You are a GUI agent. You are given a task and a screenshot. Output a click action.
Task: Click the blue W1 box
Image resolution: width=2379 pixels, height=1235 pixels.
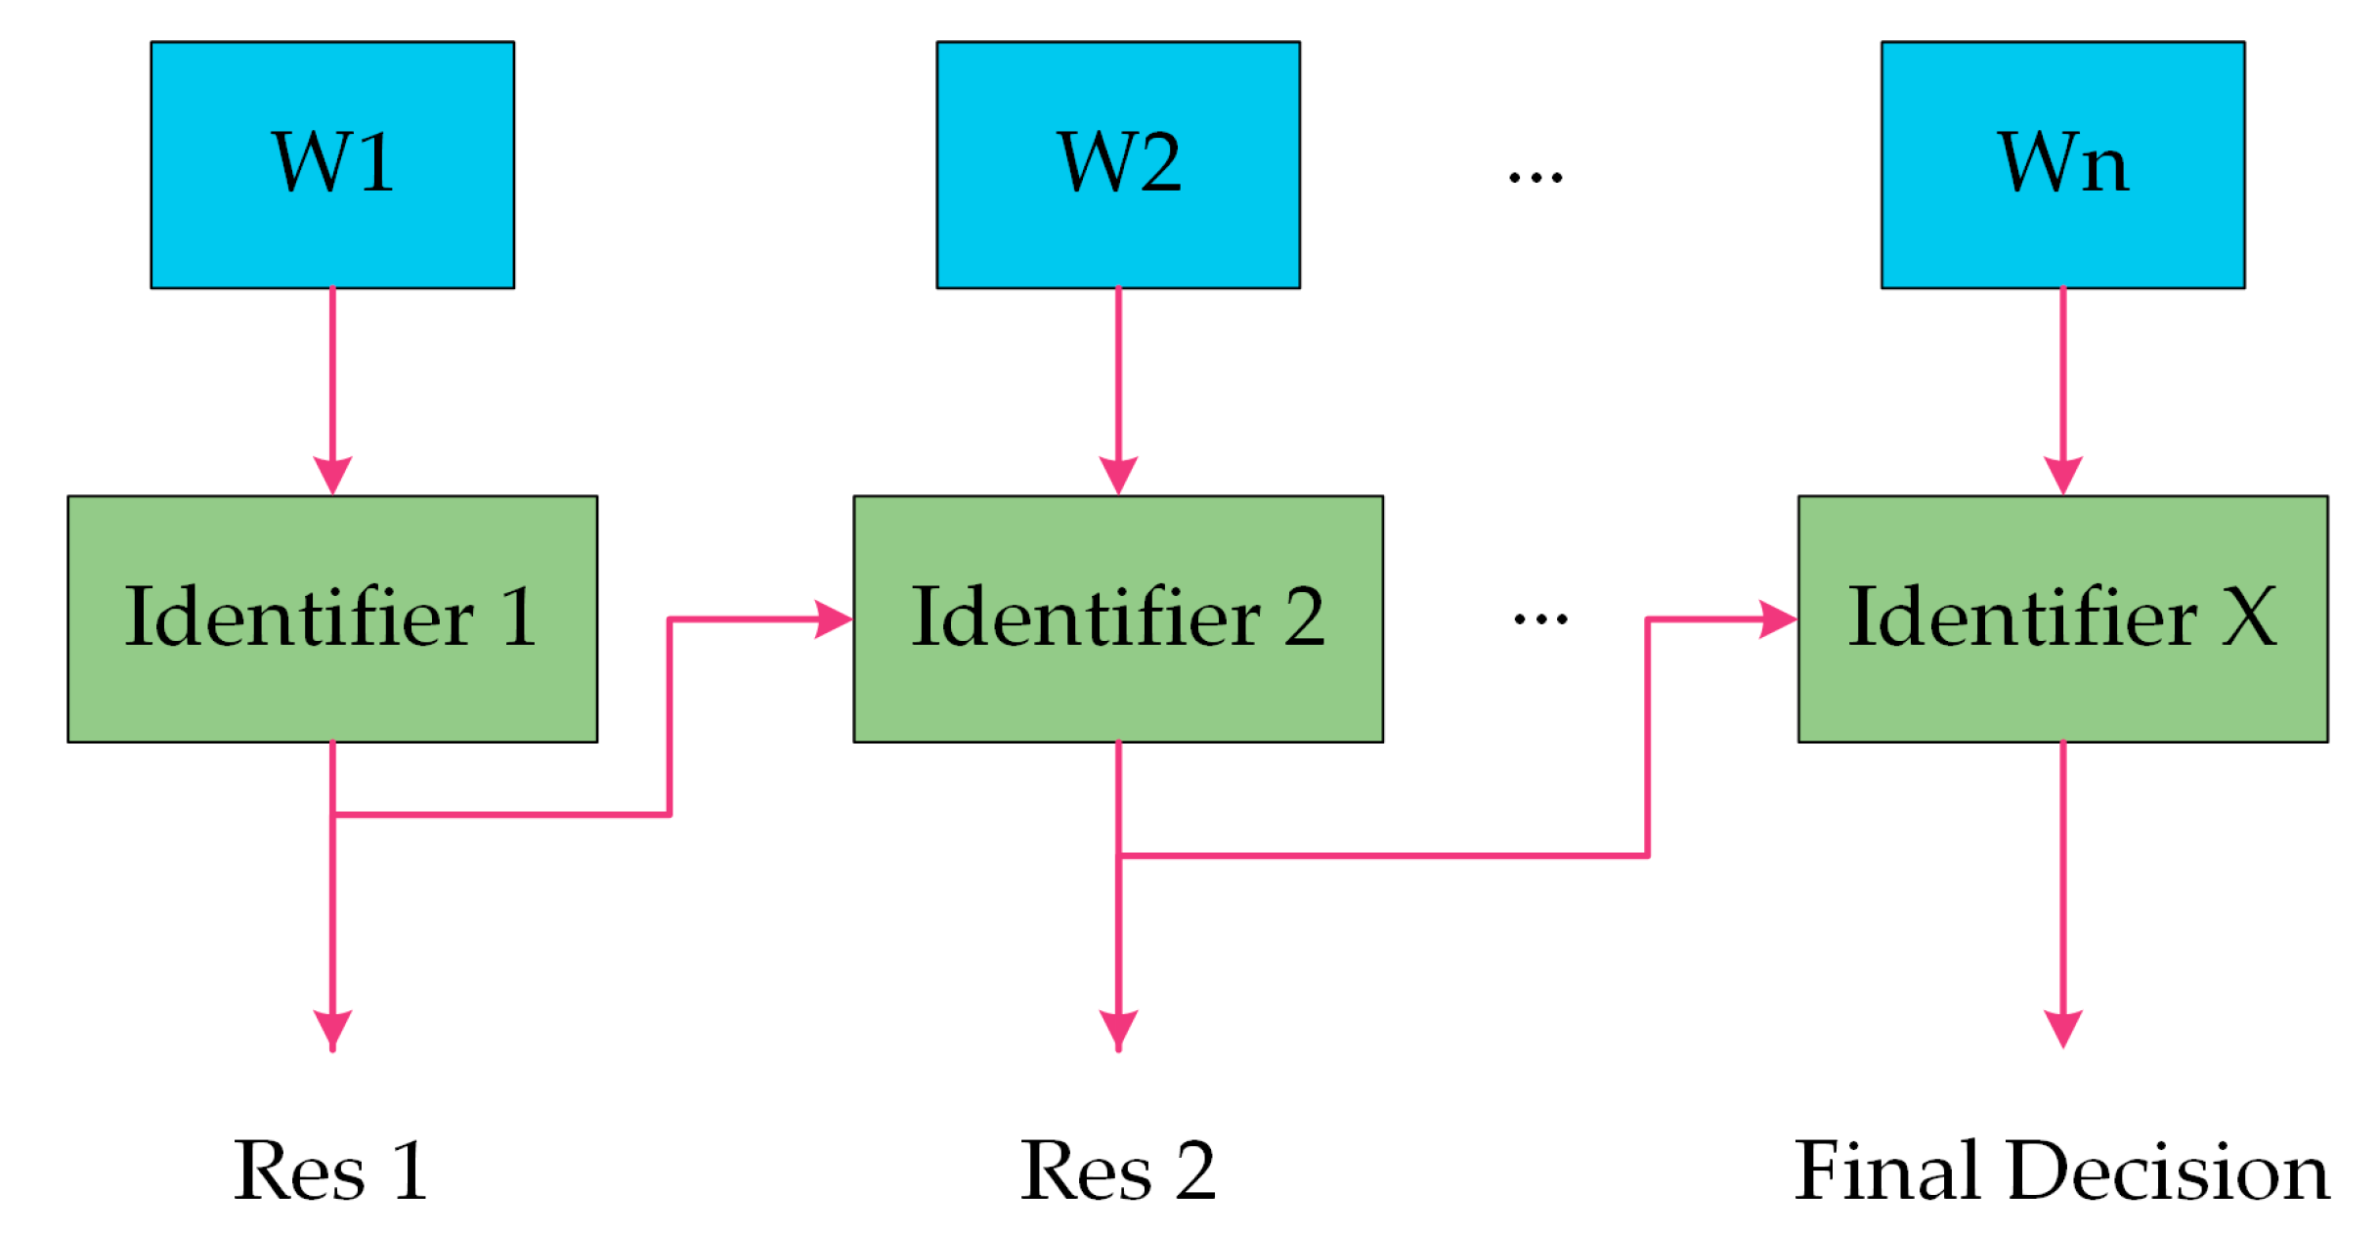332,164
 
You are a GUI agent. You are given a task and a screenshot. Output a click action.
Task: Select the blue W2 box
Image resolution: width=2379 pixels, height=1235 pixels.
1118,164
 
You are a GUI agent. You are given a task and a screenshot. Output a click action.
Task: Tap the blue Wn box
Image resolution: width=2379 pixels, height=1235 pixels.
2062,164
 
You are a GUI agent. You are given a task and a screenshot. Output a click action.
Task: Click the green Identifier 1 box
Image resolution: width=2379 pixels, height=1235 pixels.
332,618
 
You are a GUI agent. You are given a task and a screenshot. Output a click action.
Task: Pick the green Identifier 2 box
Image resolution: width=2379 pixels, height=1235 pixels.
1118,618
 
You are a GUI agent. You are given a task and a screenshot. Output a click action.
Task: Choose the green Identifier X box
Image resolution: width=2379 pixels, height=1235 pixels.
2062,618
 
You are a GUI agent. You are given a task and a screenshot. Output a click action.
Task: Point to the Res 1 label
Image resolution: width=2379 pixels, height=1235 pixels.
331,1171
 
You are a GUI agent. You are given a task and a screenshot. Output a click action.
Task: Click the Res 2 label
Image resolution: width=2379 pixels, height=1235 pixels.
1118,1171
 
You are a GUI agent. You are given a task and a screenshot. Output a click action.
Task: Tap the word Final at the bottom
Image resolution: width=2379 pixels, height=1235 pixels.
1886,1171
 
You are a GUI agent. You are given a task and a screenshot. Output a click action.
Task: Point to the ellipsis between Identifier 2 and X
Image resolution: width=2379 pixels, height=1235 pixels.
1540,618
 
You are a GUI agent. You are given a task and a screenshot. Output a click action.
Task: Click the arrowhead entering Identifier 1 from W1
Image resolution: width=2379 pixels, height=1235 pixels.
332,475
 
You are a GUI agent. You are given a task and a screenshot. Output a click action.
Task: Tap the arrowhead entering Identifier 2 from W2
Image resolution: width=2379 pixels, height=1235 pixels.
1118,475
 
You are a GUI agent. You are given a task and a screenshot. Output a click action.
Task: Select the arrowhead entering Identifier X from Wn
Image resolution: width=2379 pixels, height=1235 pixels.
2062,475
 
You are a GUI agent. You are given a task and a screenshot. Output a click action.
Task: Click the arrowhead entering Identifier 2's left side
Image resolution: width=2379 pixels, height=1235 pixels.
833,618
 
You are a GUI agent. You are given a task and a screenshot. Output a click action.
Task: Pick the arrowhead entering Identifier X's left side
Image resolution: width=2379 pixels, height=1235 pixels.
1777,618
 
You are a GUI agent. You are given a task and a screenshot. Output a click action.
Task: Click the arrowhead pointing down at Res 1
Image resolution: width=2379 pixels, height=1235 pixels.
332,1029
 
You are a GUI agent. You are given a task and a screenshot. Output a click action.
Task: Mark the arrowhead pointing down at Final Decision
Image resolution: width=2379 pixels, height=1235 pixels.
2062,1029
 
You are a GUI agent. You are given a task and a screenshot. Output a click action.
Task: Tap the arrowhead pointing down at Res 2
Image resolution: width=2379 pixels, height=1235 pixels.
1118,1029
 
